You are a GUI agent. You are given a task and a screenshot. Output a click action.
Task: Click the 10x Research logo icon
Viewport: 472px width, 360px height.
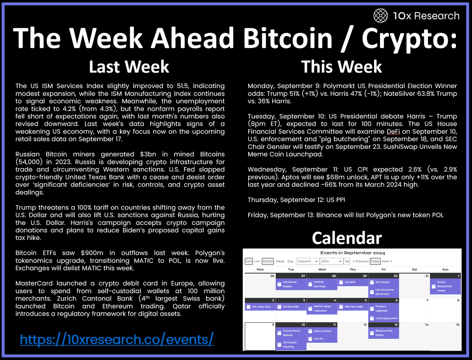(x=380, y=16)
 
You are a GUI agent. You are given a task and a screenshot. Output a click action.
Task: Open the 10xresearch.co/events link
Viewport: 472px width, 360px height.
(x=117, y=339)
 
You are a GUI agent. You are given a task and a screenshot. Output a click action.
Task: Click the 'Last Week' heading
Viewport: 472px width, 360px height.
(x=129, y=66)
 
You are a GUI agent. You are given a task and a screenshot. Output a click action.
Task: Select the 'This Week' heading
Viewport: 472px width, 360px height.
(x=341, y=66)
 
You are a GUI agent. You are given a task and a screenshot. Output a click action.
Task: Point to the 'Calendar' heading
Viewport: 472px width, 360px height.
(x=347, y=238)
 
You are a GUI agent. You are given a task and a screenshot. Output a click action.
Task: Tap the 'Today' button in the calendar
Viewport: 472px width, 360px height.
(x=375, y=261)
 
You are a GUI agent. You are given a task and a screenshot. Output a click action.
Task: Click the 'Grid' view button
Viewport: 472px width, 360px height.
(x=249, y=261)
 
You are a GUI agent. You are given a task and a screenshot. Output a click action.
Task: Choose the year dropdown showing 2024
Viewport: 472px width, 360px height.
(x=331, y=261)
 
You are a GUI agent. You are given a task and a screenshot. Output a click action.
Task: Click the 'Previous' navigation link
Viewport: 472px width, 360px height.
(x=361, y=261)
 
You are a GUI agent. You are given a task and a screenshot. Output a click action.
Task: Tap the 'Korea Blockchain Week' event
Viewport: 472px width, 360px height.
(x=444, y=286)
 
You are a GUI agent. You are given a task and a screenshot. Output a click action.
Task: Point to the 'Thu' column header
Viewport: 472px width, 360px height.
(x=353, y=270)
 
